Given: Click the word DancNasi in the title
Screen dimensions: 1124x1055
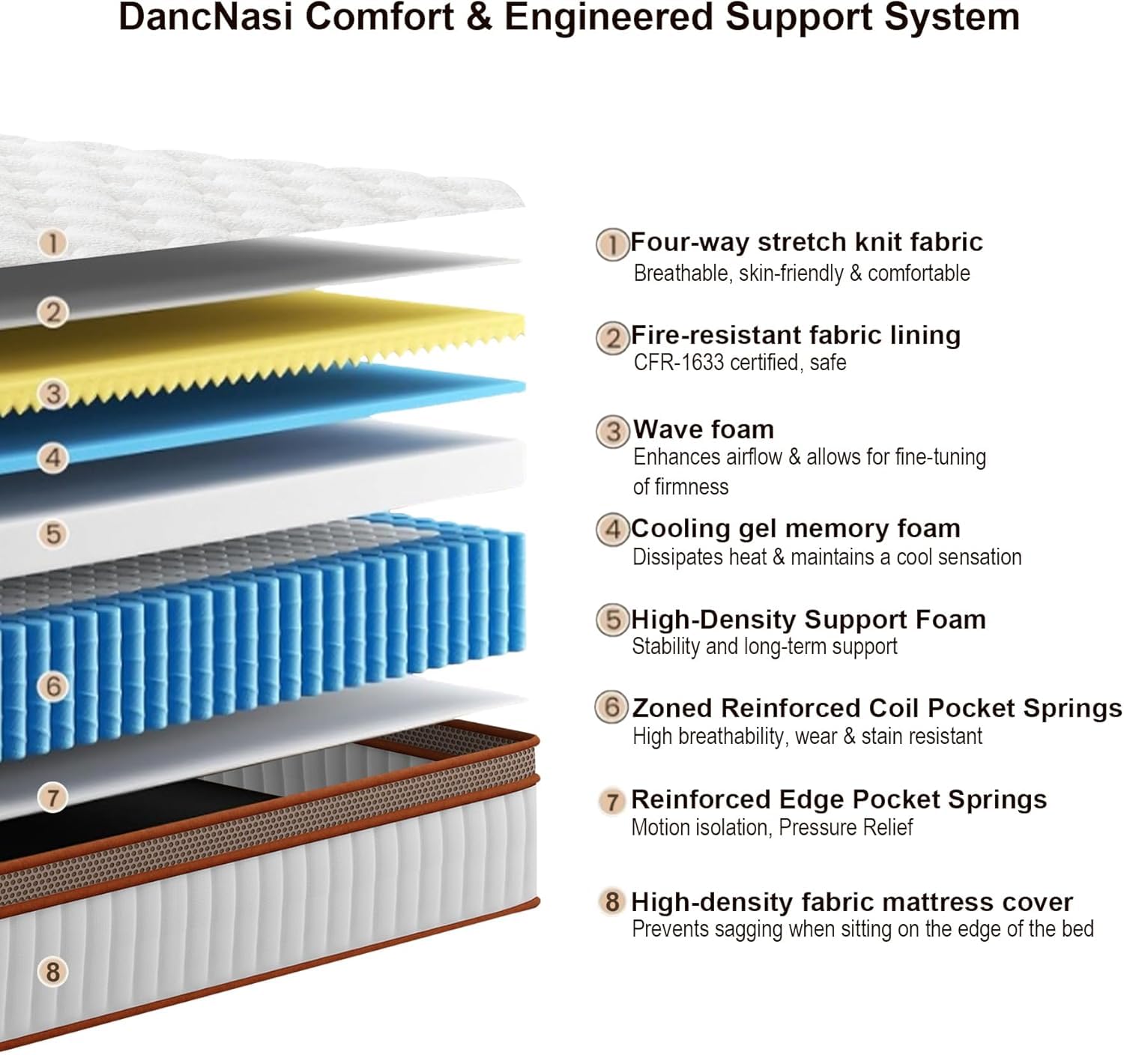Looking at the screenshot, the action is point(206,17).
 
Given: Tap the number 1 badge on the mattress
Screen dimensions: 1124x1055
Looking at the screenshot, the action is point(52,244).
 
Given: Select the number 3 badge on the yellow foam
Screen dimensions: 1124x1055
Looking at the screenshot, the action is point(53,393).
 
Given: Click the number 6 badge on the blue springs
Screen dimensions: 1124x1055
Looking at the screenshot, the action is point(53,686).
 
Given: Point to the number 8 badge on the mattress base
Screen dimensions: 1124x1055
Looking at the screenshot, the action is point(52,973).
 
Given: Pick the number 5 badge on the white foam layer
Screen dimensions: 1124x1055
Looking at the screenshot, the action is point(53,533).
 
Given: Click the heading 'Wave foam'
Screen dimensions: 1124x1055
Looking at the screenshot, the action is point(704,429).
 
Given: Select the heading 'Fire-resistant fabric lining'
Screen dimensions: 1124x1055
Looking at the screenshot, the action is point(796,335).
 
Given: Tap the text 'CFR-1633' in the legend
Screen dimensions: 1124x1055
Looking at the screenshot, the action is point(679,362).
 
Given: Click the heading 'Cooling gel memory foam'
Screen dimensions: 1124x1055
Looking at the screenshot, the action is point(796,529).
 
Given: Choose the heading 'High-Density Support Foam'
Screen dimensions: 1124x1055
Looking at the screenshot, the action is point(809,620).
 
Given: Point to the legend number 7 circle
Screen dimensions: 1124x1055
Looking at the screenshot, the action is point(611,802).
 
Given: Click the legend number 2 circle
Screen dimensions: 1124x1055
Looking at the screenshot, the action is point(612,338).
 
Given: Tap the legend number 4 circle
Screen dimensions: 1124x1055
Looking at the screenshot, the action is point(612,530).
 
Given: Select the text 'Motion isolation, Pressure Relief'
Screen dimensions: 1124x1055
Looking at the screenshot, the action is point(772,827).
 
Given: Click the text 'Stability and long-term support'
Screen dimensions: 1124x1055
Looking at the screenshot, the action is point(764,647).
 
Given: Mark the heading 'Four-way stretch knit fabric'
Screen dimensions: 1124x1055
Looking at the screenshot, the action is point(806,242).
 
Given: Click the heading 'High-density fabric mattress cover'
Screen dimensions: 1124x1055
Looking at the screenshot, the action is point(852,902).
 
